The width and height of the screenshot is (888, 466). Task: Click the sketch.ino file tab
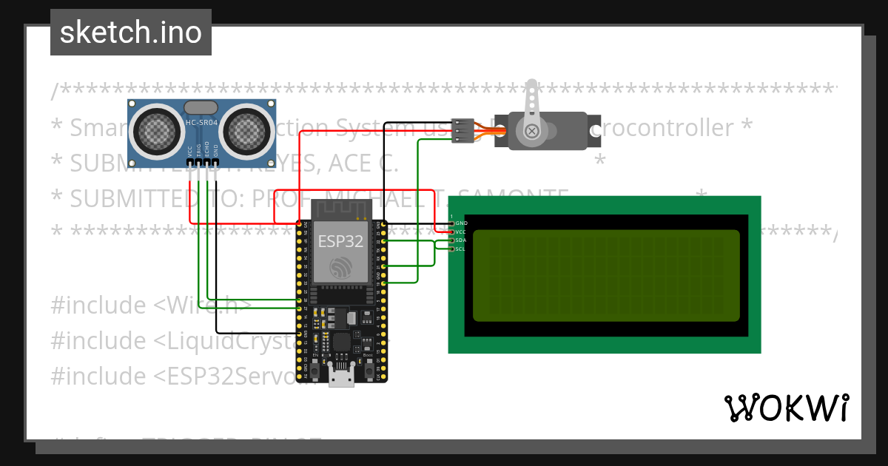click(x=131, y=33)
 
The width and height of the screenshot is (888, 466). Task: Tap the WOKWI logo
click(x=786, y=408)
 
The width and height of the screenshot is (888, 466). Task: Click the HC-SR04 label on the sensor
click(x=201, y=123)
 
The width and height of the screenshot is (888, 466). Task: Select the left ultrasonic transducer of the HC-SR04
click(x=156, y=131)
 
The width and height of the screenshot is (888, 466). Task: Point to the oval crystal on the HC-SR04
click(x=201, y=108)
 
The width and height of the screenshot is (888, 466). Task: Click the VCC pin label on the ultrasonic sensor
click(x=190, y=149)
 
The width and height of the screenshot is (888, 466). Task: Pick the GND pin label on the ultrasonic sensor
click(x=216, y=149)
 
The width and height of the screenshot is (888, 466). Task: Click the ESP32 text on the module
click(x=340, y=241)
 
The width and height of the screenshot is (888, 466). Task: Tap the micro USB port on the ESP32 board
click(x=341, y=377)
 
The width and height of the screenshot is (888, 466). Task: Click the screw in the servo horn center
click(x=532, y=132)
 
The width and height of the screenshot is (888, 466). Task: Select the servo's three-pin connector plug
click(x=462, y=131)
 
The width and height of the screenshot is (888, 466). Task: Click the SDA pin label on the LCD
click(x=461, y=240)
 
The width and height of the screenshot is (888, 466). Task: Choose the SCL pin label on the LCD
click(x=461, y=249)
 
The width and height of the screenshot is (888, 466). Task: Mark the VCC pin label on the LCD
click(x=461, y=232)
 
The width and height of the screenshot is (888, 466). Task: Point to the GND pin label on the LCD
click(x=461, y=223)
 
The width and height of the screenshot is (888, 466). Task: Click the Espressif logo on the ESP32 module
click(x=340, y=268)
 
